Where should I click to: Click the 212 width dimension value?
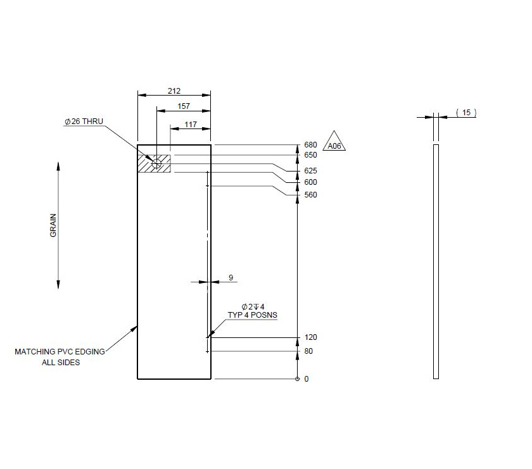point(174,91)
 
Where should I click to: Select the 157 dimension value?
point(184,106)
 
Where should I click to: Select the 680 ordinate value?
point(310,145)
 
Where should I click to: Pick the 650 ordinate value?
point(310,155)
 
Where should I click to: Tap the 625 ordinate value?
point(310,172)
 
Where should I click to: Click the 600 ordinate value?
point(310,182)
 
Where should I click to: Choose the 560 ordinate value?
point(310,195)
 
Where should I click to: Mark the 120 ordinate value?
point(310,338)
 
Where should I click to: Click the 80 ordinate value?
point(308,351)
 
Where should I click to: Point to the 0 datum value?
point(307,379)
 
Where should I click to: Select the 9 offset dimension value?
point(231,277)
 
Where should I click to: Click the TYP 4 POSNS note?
point(252,315)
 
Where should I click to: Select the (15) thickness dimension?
point(466,113)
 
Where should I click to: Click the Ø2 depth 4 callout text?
point(253,306)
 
